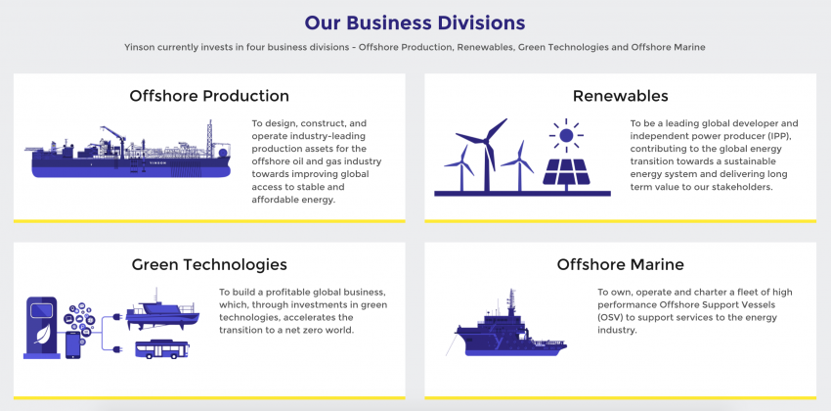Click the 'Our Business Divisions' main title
point(415,22)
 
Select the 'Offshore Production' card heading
point(209,96)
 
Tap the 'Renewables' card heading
point(620,96)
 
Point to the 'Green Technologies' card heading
point(209,264)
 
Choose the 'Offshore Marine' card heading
point(620,264)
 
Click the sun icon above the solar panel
point(564,134)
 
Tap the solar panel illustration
point(571,170)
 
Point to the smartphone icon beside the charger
point(72,344)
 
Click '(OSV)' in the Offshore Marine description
point(612,317)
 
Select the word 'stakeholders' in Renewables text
point(739,187)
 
